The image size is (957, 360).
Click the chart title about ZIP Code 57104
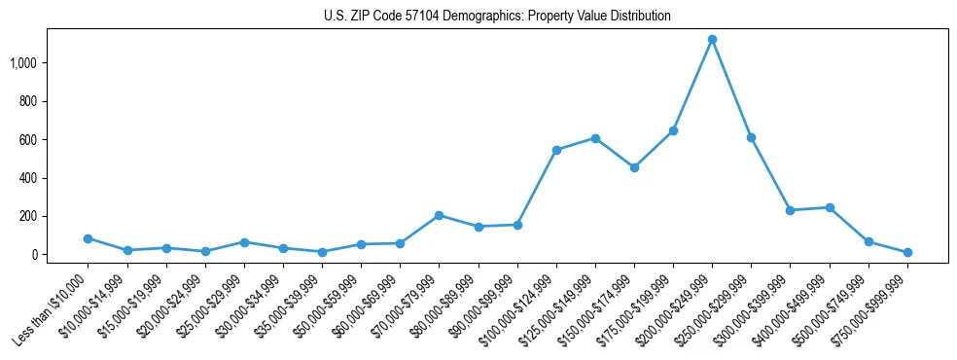tap(497, 17)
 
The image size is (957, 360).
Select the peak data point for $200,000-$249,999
tap(712, 40)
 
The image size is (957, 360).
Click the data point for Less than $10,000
tap(89, 238)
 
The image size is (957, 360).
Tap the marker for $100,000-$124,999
tap(556, 150)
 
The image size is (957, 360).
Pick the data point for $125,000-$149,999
tap(595, 138)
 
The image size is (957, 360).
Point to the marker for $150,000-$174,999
tap(634, 167)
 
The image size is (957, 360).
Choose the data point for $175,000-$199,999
tap(673, 130)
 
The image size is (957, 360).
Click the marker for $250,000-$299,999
tap(751, 137)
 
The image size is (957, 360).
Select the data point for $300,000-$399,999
tap(790, 210)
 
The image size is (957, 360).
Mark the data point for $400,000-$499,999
tap(830, 207)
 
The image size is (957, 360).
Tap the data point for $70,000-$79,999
tap(439, 215)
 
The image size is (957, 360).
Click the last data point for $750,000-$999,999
tap(907, 252)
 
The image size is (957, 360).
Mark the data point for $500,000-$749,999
tap(868, 241)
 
